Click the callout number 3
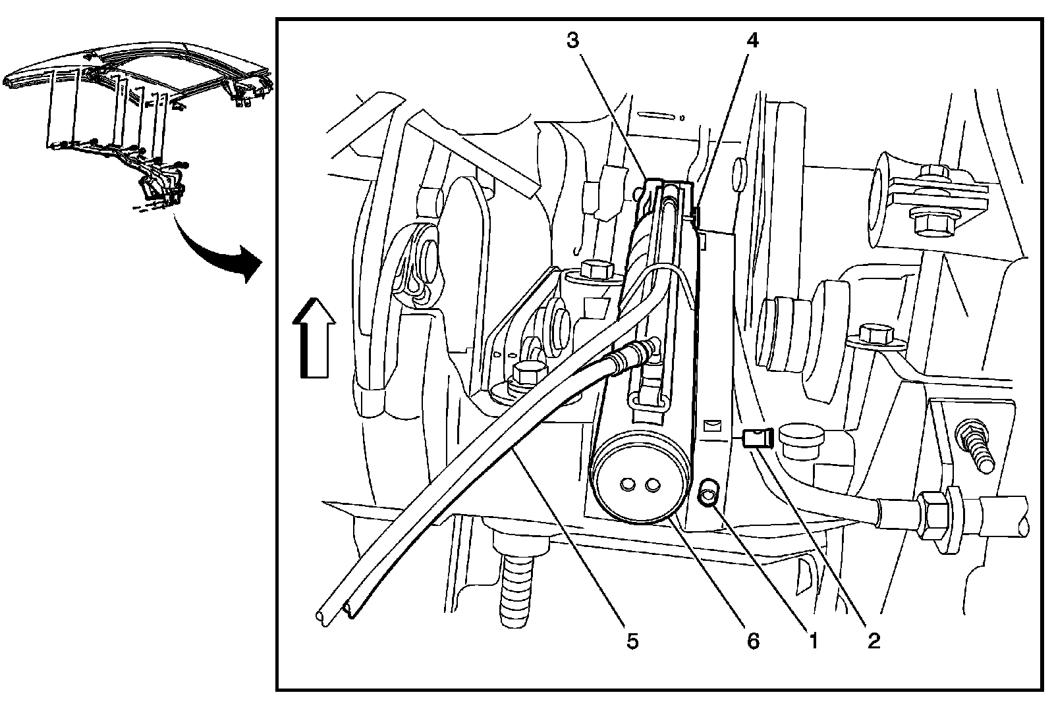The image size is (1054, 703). tap(572, 41)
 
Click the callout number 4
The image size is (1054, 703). tap(752, 41)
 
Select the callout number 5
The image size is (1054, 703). tap(632, 640)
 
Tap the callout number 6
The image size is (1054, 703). tap(753, 640)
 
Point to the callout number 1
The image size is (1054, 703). tap(813, 640)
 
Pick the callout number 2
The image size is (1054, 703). tap(874, 640)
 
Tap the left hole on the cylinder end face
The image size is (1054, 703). tap(626, 484)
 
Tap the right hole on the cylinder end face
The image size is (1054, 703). tap(653, 484)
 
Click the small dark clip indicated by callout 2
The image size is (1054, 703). tap(756, 437)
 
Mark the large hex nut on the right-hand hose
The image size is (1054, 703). tap(935, 514)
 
